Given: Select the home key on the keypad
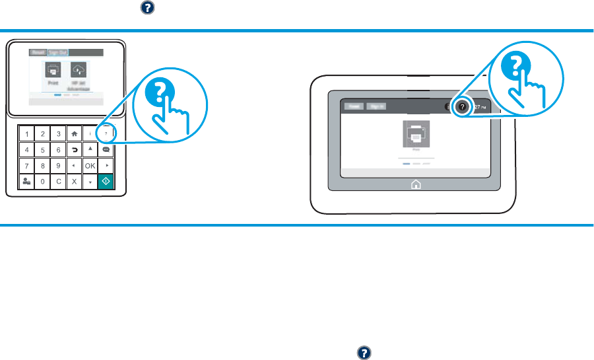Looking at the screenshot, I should tap(74, 134).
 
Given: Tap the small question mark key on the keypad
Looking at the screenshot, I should tap(106, 134).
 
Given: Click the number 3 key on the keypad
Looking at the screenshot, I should tap(58, 134).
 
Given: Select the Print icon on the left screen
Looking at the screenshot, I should tap(53, 71).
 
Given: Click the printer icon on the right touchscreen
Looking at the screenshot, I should tap(416, 135).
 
